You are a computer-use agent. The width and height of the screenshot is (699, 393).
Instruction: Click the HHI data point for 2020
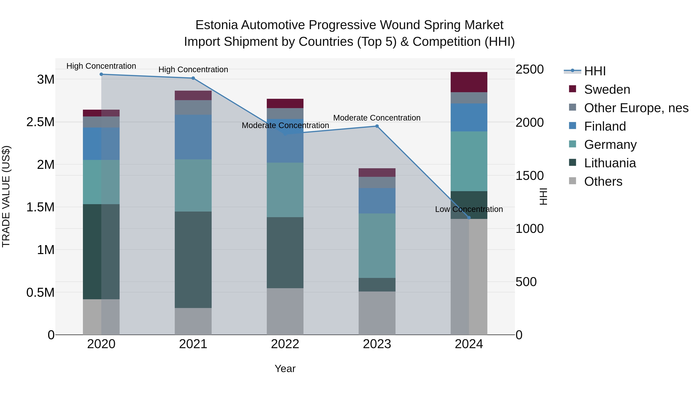pyautogui.click(x=101, y=74)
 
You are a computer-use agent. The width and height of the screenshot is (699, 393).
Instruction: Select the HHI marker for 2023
pyautogui.click(x=377, y=126)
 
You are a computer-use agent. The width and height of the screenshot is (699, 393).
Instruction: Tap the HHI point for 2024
pyautogui.click(x=469, y=218)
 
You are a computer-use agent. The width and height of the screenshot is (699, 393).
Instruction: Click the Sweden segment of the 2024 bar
pyautogui.click(x=469, y=82)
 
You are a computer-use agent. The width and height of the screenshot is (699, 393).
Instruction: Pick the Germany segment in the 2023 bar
pyautogui.click(x=377, y=246)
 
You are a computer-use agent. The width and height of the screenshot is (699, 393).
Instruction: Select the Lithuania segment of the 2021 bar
pyautogui.click(x=193, y=259)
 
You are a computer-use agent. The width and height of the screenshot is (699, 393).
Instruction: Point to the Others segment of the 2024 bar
pyautogui.click(x=469, y=277)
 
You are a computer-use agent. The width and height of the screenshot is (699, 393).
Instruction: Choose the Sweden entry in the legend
pyautogui.click(x=607, y=89)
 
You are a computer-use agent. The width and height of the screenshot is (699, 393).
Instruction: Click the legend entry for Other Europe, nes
pyautogui.click(x=636, y=108)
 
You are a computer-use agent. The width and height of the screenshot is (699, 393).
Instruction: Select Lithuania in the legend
pyautogui.click(x=610, y=163)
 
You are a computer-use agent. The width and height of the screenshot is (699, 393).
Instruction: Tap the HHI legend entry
pyautogui.click(x=595, y=71)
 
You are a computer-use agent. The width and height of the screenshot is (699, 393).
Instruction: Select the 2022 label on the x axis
pyautogui.click(x=285, y=344)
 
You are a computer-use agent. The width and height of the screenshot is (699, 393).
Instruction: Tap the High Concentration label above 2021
pyautogui.click(x=193, y=69)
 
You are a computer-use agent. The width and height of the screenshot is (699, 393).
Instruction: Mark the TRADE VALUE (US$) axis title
pyautogui.click(x=6, y=196)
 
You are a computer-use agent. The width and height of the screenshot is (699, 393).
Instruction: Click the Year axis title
pyautogui.click(x=285, y=369)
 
